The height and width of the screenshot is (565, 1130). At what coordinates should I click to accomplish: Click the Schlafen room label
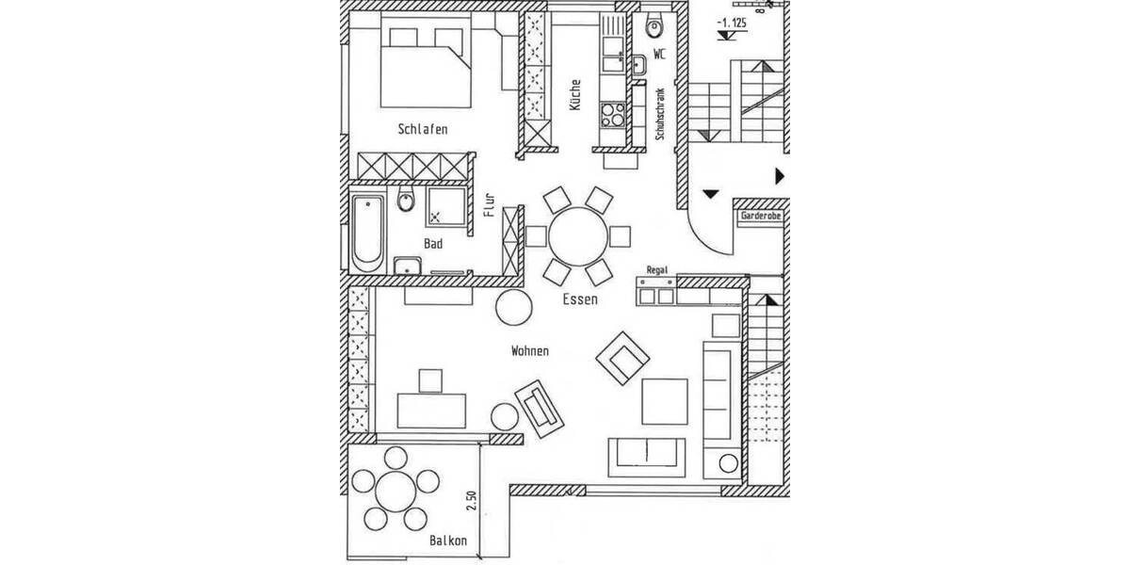pyautogui.click(x=422, y=129)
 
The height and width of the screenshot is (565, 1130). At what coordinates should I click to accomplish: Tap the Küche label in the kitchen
pyautogui.click(x=574, y=95)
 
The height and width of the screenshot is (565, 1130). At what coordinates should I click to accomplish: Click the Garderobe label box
pyautogui.click(x=761, y=216)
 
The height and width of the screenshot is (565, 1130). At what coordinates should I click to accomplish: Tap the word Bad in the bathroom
pyautogui.click(x=433, y=243)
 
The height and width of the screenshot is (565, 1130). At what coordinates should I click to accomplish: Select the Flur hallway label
pyautogui.click(x=489, y=205)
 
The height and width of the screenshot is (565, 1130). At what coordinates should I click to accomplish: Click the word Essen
pyautogui.click(x=580, y=299)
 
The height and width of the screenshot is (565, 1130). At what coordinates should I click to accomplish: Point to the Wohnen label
pyautogui.click(x=529, y=350)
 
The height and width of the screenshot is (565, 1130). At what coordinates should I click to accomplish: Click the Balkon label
pyautogui.click(x=448, y=541)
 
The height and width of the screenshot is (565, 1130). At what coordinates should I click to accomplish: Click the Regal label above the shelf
pyautogui.click(x=656, y=270)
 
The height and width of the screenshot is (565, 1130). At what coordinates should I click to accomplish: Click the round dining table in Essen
pyautogui.click(x=578, y=235)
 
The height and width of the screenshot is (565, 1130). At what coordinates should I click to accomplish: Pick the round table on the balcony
pyautogui.click(x=395, y=493)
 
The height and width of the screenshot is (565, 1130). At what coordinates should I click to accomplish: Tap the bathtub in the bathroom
pyautogui.click(x=367, y=232)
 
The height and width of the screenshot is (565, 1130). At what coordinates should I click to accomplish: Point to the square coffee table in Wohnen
pyautogui.click(x=666, y=401)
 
